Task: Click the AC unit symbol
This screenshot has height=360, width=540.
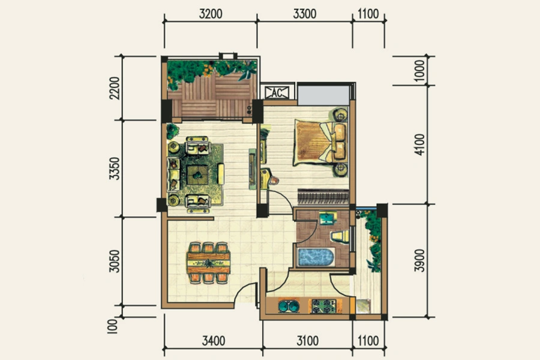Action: (277, 92)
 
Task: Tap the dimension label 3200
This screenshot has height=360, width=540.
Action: (211, 14)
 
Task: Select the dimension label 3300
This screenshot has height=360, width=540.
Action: (305, 14)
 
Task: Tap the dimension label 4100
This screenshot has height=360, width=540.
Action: (419, 145)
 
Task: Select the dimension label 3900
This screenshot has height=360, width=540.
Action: (419, 260)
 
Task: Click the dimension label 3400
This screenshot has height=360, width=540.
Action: (214, 341)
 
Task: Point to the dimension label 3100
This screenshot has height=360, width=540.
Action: (308, 341)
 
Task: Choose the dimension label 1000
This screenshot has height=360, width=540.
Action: (419, 71)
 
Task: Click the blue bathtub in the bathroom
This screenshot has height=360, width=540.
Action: (316, 257)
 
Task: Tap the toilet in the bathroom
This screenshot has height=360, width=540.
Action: (340, 236)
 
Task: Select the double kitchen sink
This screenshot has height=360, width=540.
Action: (289, 306)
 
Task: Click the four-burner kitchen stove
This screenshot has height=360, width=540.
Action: (324, 306)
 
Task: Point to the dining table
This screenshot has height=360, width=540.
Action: (208, 263)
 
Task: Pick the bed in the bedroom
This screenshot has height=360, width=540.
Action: (320, 142)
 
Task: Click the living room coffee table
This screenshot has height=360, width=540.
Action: (197, 175)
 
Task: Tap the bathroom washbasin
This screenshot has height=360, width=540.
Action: (328, 218)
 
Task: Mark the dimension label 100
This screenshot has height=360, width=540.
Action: (113, 326)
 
